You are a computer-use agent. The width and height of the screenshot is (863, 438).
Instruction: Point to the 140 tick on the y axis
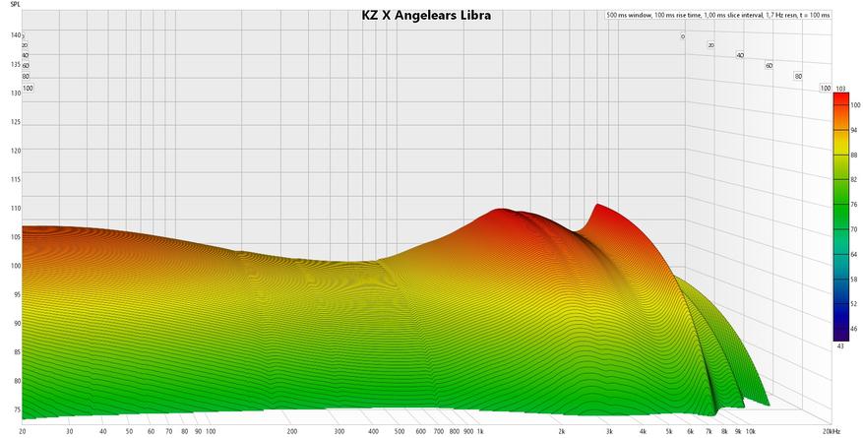(16, 35)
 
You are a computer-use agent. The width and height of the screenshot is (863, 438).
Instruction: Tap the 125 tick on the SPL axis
(16, 122)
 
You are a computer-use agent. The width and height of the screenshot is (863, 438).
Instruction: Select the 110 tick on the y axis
(16, 209)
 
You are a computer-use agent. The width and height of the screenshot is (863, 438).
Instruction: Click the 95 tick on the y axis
(16, 294)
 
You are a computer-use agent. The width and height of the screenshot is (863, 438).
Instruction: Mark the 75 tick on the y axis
(16, 409)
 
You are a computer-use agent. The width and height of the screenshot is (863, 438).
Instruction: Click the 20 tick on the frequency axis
(22, 431)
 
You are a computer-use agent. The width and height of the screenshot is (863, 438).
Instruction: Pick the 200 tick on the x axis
(292, 431)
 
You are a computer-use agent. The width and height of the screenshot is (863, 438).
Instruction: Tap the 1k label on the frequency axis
(479, 431)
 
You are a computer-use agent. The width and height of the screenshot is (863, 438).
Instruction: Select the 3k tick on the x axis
(610, 431)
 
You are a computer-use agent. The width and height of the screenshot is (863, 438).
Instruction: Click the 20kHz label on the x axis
(832, 431)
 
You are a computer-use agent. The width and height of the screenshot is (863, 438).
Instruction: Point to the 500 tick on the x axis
(400, 431)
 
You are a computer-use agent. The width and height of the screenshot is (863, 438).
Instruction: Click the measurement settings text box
(717, 16)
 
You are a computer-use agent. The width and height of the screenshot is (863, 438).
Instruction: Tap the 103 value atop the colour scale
(841, 89)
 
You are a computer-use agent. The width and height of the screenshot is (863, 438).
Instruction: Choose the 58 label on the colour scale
(854, 280)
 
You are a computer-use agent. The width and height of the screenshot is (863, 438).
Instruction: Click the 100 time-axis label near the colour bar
(825, 88)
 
